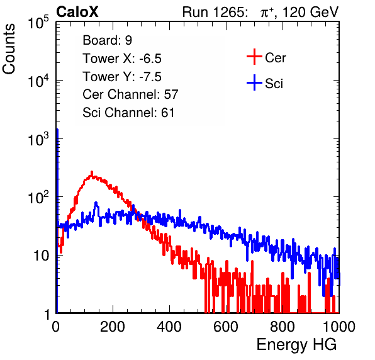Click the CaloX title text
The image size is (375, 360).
point(77,12)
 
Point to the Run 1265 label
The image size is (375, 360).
point(215,12)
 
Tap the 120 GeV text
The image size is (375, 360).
point(310,12)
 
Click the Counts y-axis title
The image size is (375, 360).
point(9,49)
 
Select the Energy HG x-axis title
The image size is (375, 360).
point(296,344)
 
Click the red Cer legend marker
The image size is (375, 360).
point(254,57)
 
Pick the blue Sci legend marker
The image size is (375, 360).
point(254,82)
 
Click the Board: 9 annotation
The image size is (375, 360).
point(107,40)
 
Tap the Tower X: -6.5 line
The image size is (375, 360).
point(122,59)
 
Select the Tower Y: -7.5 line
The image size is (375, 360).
point(122,77)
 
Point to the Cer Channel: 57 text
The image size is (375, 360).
point(130,94)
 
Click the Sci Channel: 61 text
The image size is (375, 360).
point(128,113)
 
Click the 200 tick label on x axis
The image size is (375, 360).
point(113,327)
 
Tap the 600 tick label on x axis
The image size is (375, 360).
point(225,327)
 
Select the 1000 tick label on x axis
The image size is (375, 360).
point(339,327)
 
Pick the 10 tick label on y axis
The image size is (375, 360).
point(42,256)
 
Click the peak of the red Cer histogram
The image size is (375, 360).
point(92,172)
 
